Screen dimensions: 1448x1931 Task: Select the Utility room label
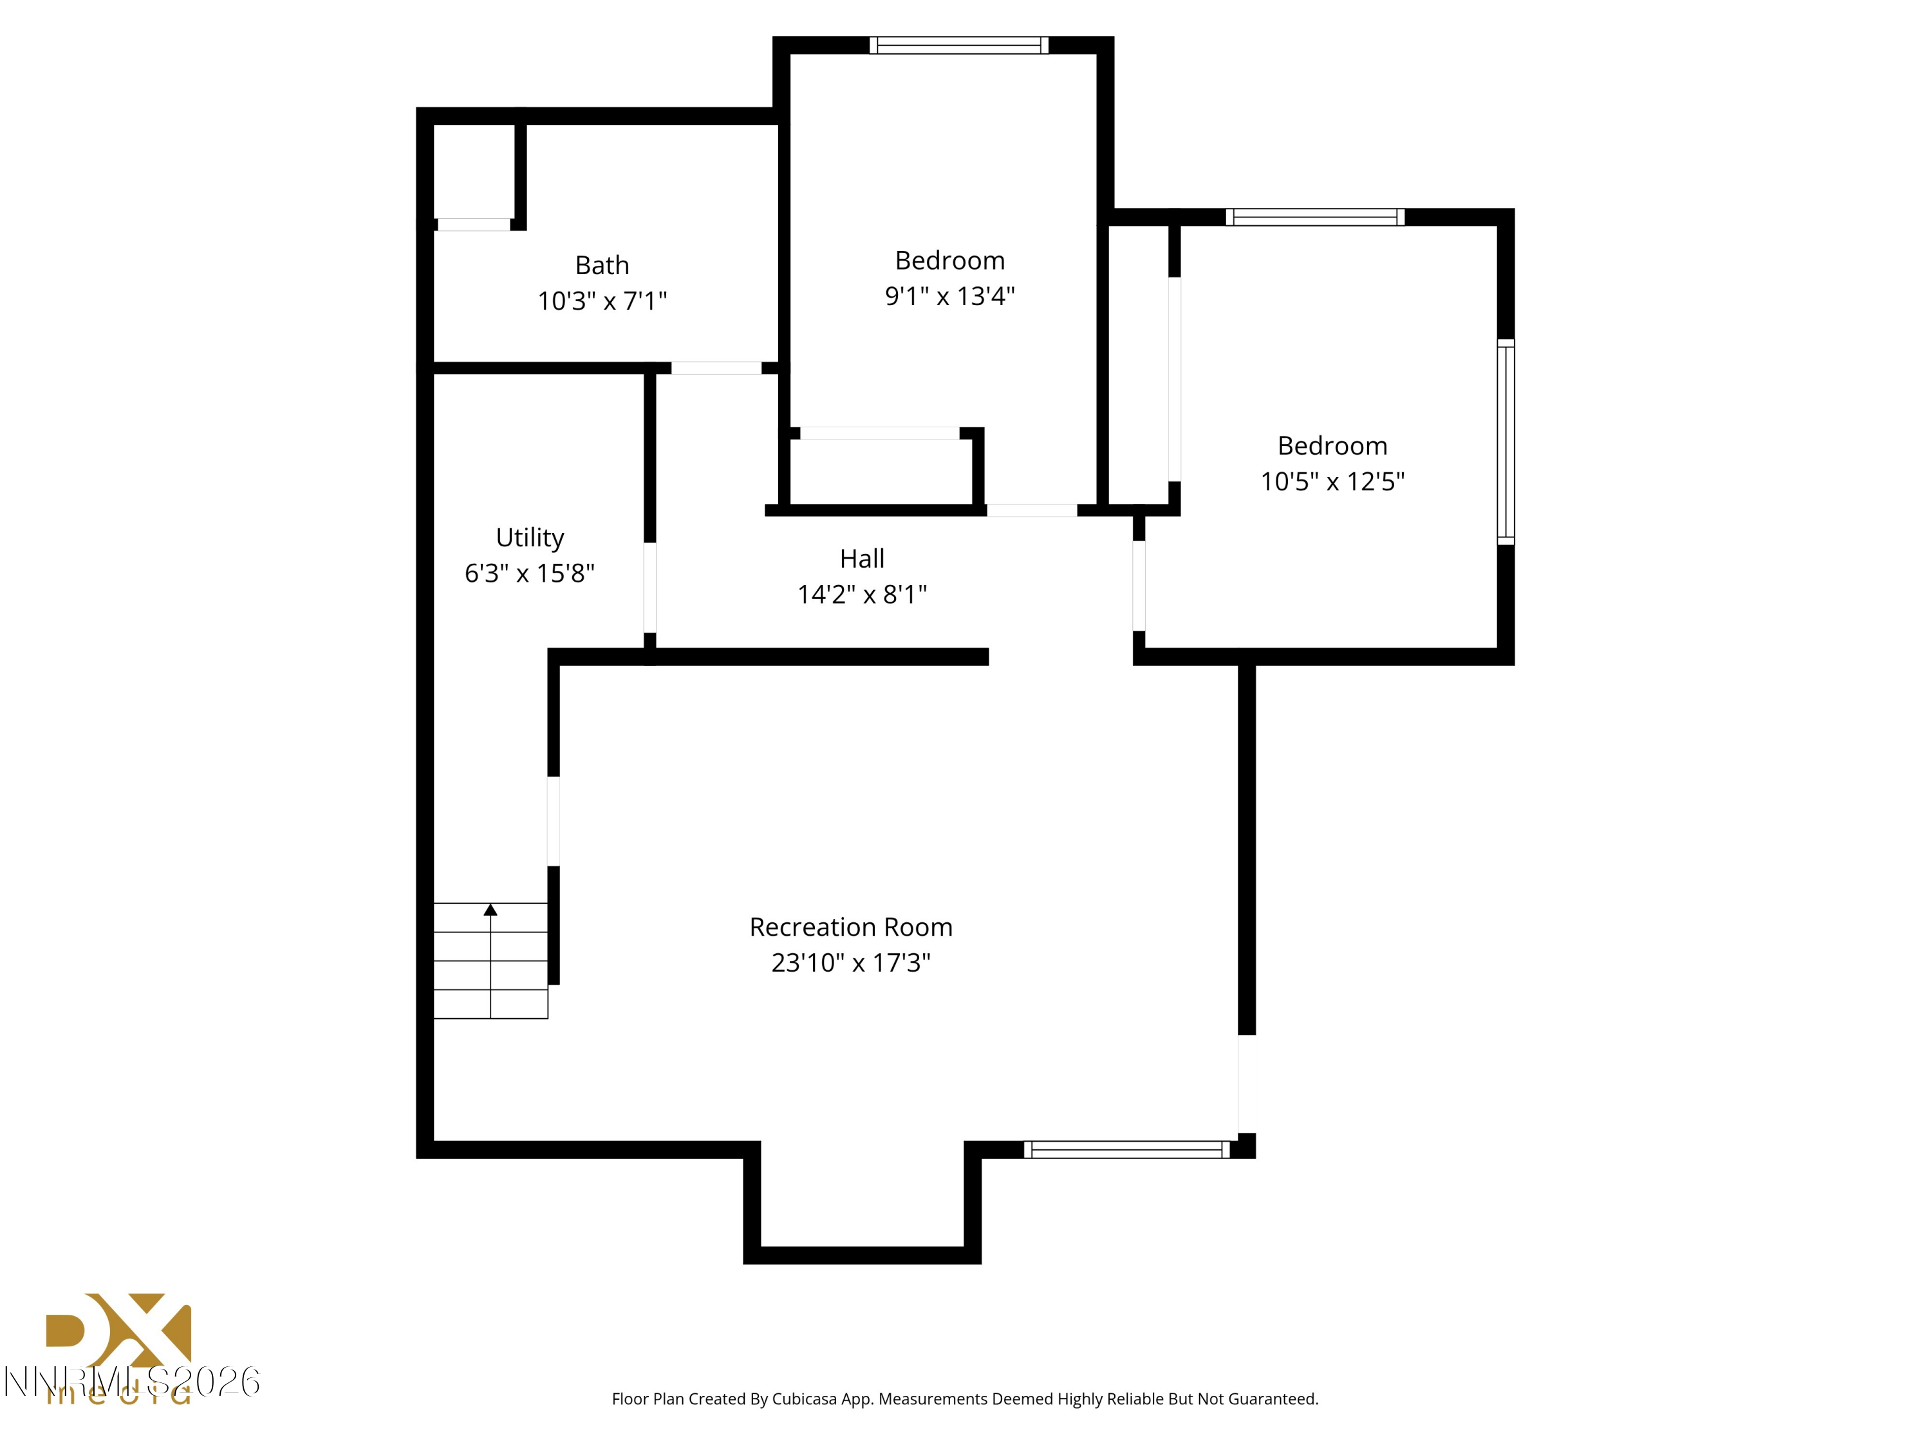[x=529, y=537]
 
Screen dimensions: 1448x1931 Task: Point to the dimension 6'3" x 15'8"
[x=529, y=573]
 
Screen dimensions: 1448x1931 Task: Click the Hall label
[x=862, y=559]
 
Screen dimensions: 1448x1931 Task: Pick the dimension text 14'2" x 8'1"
[x=862, y=595]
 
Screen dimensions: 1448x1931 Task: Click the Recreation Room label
[x=850, y=927]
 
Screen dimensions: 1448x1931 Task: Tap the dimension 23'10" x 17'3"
[x=850, y=963]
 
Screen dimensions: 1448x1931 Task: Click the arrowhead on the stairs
[x=490, y=911]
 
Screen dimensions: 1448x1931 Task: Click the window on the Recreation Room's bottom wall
[x=1126, y=1149]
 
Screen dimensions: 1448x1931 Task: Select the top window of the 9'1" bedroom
[x=958, y=46]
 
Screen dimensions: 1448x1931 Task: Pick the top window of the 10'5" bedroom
[x=1314, y=218]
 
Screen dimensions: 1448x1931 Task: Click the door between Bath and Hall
[x=716, y=368]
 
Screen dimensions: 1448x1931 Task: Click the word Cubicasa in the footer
[x=803, y=1399]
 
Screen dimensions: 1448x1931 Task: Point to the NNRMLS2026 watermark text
[x=131, y=1382]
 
